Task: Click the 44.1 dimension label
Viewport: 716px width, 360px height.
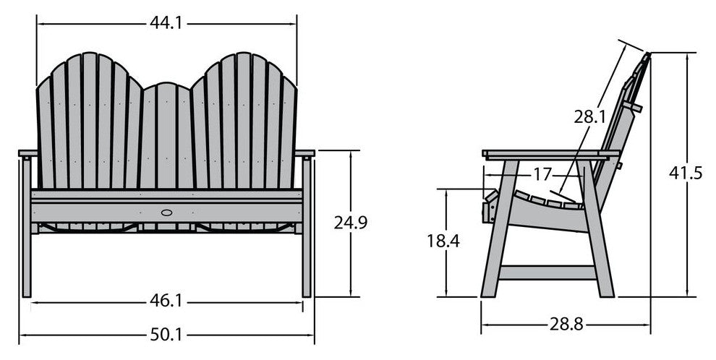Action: point(166,23)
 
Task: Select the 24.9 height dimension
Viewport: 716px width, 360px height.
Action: point(351,223)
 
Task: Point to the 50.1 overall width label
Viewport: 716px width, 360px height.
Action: point(166,335)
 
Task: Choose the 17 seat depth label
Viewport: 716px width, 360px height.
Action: point(545,174)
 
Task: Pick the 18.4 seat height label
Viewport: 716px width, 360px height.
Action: point(443,241)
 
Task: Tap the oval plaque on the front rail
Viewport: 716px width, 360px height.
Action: point(166,213)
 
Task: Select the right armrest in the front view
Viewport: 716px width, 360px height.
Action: point(304,154)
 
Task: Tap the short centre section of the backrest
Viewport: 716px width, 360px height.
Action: point(166,137)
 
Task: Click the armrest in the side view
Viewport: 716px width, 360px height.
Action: point(550,154)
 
